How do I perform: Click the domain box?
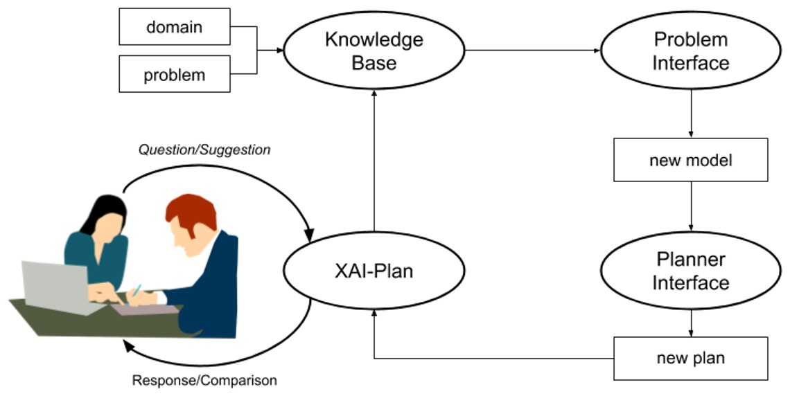click(174, 27)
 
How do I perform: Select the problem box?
click(174, 75)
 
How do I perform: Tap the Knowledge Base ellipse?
click(374, 51)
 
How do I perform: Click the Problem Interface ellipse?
click(690, 51)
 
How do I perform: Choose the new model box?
click(690, 161)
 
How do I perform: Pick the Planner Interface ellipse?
click(690, 271)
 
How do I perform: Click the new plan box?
click(690, 359)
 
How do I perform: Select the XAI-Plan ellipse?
click(374, 271)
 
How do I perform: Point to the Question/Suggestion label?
click(204, 150)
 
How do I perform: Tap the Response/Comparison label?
click(204, 381)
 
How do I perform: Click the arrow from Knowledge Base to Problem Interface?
click(534, 51)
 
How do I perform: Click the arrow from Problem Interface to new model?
click(691, 114)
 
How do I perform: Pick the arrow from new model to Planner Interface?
click(691, 206)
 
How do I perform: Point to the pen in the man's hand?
click(137, 290)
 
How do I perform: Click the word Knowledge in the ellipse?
click(374, 39)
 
